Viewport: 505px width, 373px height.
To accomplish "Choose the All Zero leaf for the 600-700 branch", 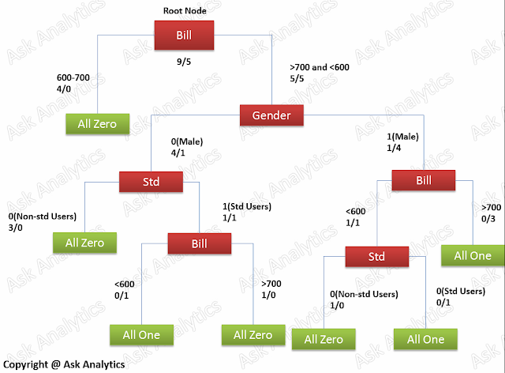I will pos(97,123).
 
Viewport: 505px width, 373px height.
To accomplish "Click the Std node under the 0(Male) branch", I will pos(151,182).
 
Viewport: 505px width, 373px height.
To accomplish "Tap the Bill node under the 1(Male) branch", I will pos(424,181).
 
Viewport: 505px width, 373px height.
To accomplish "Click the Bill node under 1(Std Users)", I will pos(199,243).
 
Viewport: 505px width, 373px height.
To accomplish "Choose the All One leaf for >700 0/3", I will pos(472,255).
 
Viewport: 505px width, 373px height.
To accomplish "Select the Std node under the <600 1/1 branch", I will pos(377,257).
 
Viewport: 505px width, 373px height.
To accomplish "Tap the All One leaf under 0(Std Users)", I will pos(425,339).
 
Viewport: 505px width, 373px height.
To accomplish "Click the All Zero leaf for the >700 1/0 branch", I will pos(253,335).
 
